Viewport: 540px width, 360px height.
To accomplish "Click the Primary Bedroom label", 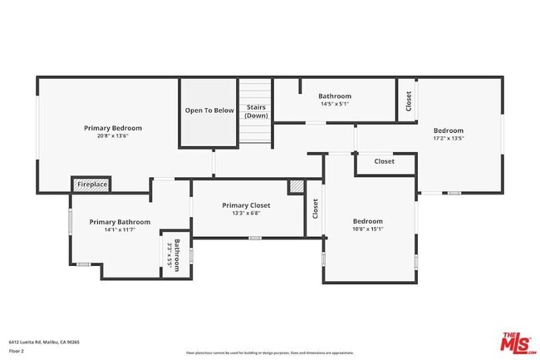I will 112,128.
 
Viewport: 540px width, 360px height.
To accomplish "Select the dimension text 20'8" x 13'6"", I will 112,136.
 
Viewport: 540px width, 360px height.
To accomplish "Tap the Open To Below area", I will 209,111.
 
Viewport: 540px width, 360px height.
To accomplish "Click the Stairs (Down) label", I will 256,111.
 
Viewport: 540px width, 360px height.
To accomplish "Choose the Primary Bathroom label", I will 120,222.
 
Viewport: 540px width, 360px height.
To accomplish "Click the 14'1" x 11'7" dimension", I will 120,230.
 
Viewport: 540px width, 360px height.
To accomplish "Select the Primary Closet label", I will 246,205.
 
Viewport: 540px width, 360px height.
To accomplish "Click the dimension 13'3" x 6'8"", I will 246,214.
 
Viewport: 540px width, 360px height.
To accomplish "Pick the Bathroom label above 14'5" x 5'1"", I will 334,96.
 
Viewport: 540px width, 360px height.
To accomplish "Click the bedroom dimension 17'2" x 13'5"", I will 448,139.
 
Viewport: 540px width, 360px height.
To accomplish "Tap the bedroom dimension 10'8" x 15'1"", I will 368,229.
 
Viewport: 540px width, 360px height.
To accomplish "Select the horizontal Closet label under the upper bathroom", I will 384,161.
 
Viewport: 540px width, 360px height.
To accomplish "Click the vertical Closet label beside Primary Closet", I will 315,208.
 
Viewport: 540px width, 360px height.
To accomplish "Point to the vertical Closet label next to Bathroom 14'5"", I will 407,101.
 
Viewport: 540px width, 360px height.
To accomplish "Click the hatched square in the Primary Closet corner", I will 296,187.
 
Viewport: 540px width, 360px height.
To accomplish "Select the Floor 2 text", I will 17,351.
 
